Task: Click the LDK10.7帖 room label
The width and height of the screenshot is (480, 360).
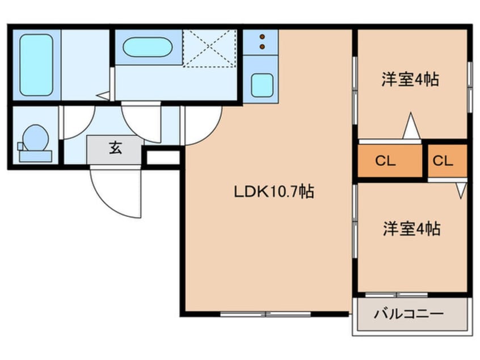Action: (274, 192)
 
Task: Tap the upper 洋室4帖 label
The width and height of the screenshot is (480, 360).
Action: (410, 79)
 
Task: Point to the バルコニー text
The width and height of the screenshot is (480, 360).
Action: (409, 313)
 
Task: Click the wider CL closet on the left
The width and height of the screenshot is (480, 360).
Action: (386, 161)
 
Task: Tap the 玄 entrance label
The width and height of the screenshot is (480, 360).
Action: (115, 149)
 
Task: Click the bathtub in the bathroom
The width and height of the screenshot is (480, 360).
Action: (37, 64)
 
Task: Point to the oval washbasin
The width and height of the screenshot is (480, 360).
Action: (148, 47)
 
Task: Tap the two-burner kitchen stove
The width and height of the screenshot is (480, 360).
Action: (262, 41)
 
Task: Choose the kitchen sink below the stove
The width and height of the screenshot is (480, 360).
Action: (261, 85)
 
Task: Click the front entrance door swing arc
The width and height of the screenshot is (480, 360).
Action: (116, 193)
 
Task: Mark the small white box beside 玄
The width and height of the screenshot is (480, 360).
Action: (161, 157)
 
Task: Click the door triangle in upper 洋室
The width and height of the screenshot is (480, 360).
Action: (411, 127)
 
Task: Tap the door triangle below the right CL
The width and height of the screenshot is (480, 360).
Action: (460, 190)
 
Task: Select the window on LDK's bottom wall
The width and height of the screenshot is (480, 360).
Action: (266, 313)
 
